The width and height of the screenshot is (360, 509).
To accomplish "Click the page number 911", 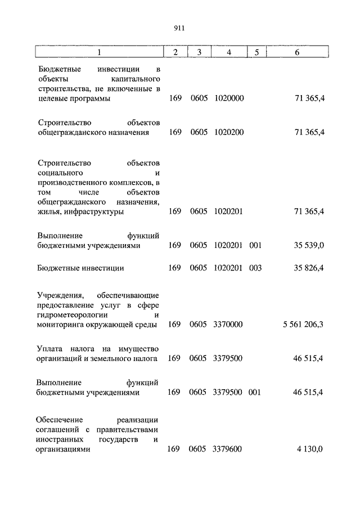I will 179,28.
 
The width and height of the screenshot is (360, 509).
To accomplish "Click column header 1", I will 99,52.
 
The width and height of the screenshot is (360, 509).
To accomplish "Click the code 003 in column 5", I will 255,268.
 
